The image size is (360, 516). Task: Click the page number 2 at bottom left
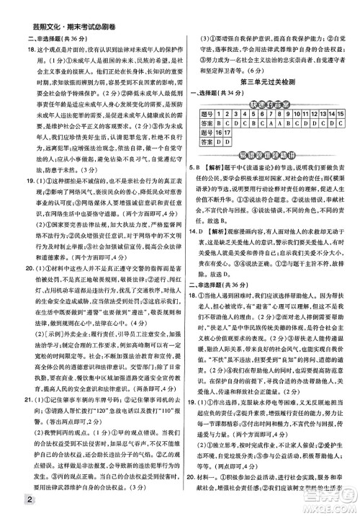(x=8, y=502)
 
